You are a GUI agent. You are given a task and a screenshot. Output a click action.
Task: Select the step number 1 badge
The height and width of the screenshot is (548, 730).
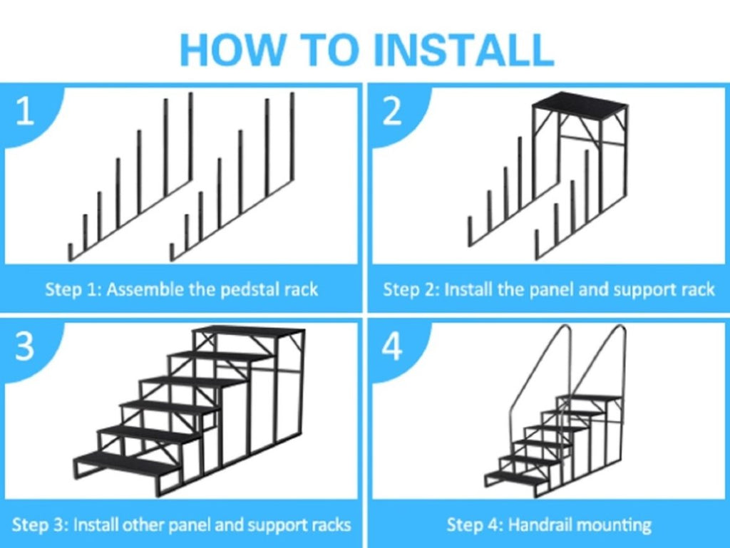pyautogui.click(x=25, y=112)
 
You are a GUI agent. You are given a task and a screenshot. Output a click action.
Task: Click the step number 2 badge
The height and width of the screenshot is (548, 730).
pyautogui.click(x=392, y=112)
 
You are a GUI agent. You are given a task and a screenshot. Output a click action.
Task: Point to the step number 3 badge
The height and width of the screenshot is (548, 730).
pyautogui.click(x=25, y=347)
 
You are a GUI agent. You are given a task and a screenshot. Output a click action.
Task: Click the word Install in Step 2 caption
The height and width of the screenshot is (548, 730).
pyautogui.click(x=466, y=289)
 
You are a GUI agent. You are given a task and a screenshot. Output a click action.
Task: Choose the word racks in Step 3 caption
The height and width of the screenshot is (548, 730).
pyautogui.click(x=330, y=525)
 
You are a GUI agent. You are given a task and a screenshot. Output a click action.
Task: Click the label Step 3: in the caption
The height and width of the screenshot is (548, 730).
pyautogui.click(x=40, y=525)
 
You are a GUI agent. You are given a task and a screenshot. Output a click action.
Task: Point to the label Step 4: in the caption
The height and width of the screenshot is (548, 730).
pyautogui.click(x=475, y=525)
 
